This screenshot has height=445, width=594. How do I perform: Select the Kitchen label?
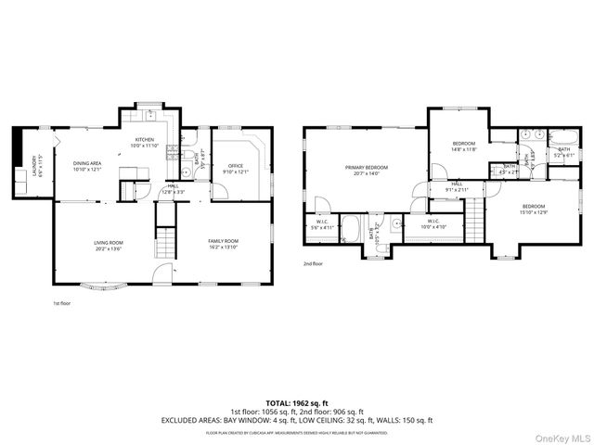[145, 140]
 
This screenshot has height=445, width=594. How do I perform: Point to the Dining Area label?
[87, 163]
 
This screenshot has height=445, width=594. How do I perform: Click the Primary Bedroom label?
[367, 167]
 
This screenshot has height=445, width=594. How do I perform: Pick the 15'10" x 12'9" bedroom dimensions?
[533, 211]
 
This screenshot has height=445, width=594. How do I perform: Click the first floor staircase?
[164, 243]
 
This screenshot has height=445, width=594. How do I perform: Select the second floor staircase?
[475, 223]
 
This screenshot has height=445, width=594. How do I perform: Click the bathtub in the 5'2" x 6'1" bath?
[563, 139]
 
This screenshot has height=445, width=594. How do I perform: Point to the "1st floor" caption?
[61, 303]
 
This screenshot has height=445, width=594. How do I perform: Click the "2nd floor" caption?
[313, 263]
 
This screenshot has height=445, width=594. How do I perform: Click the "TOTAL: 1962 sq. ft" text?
[297, 402]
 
